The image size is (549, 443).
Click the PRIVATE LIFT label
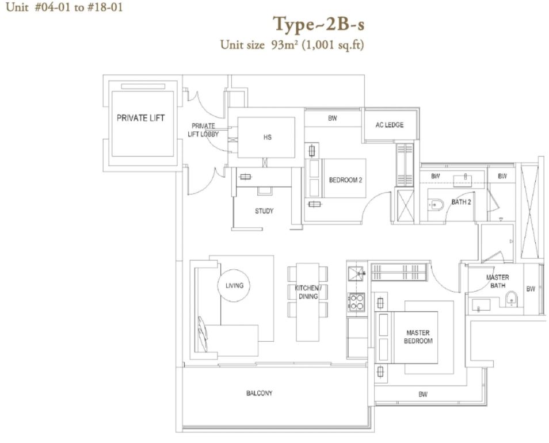coord(140,118)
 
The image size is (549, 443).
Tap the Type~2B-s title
coord(319,25)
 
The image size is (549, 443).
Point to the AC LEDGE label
coord(390,125)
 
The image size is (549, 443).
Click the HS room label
coord(267,137)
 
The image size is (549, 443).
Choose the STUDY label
coord(264,211)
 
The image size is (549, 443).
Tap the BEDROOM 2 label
coord(346,180)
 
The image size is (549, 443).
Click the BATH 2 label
coord(461,202)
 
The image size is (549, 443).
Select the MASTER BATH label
coord(498,281)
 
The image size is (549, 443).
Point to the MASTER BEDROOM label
coord(418,337)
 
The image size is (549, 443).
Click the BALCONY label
coord(259,394)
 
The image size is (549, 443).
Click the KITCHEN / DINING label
coord(308,292)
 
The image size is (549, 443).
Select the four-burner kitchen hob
coord(356,302)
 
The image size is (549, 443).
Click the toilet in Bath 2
coord(436,204)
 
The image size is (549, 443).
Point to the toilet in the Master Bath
coord(511,299)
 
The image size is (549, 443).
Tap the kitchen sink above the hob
coord(356,273)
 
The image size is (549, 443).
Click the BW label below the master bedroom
coord(423,394)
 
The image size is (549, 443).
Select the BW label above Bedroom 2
coord(332,119)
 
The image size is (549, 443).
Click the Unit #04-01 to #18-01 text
coord(64,7)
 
